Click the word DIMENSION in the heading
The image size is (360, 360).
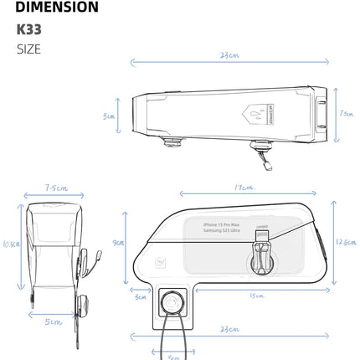point(56,9)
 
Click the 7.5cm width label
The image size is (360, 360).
point(55,188)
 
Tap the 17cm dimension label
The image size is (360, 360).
point(244,188)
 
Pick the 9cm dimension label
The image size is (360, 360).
point(119,244)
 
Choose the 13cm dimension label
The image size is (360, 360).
point(259,296)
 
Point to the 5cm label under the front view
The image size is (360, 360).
point(54,322)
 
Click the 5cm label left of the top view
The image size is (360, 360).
point(108,116)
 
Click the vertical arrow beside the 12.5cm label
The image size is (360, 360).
point(332,241)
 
